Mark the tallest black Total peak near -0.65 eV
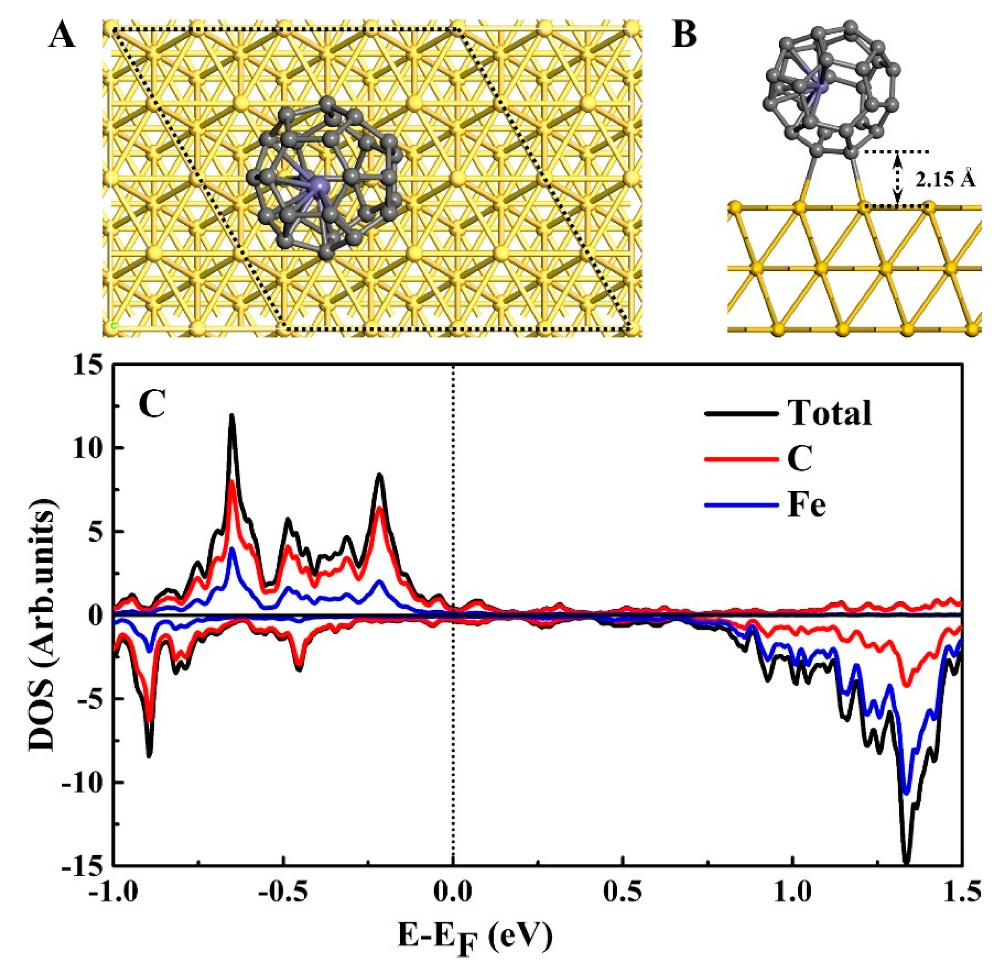pyautogui.click(x=231, y=416)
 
